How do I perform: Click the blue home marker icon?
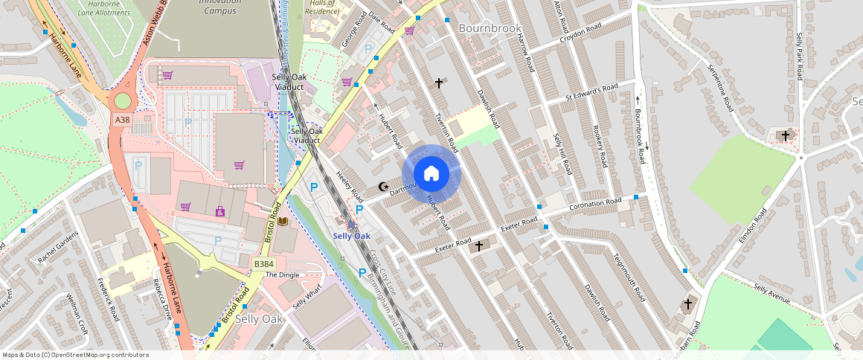[431, 174]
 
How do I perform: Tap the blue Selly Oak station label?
[351, 236]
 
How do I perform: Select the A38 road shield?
[123, 119]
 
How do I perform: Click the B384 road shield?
[263, 264]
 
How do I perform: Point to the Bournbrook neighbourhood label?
[491, 28]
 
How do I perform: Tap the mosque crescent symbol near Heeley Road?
[384, 187]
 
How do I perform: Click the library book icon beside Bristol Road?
[283, 222]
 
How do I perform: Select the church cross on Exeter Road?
[478, 245]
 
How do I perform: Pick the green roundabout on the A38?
[121, 100]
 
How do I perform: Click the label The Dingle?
[281, 274]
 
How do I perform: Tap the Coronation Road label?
[594, 202]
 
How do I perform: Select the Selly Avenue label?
[771, 294]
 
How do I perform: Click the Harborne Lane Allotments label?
[99, 7]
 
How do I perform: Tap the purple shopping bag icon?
[219, 212]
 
